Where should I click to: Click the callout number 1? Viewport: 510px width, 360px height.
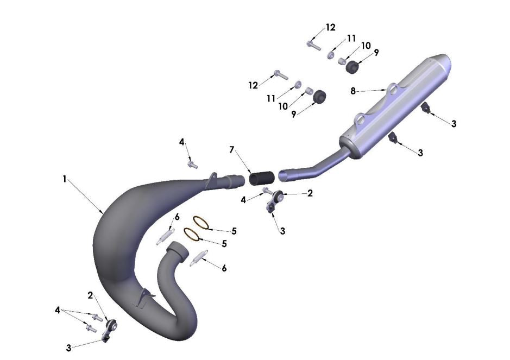click(x=65, y=179)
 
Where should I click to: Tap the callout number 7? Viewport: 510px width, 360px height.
click(x=232, y=149)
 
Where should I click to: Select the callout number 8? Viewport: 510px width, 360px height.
click(x=353, y=91)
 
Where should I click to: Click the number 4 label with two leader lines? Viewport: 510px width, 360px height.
click(x=57, y=310)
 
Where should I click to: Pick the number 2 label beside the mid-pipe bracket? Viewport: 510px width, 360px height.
click(x=310, y=193)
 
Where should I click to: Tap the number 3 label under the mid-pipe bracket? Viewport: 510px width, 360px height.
click(x=282, y=231)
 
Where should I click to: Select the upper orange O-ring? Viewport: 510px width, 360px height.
click(x=200, y=222)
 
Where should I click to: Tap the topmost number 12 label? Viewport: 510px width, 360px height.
click(x=331, y=28)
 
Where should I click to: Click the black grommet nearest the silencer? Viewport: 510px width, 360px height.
click(x=352, y=67)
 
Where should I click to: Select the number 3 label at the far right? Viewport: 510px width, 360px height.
click(x=454, y=124)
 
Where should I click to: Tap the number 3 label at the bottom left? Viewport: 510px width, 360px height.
click(x=68, y=348)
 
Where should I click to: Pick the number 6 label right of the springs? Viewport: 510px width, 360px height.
click(x=224, y=268)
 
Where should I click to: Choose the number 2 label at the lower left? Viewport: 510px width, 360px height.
click(x=91, y=295)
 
